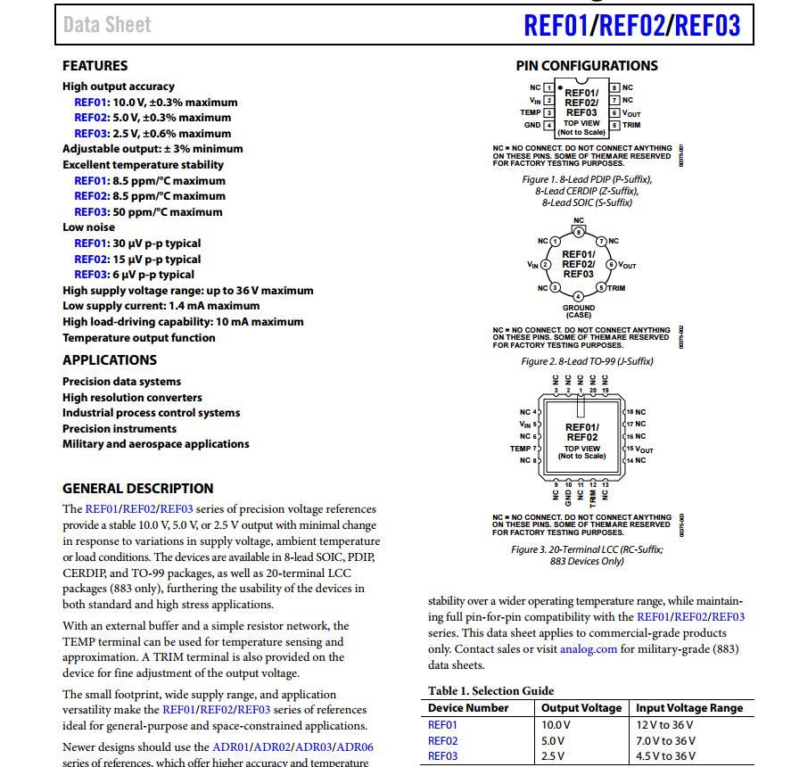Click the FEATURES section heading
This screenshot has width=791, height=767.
(95, 65)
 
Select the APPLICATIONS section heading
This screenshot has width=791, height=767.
(109, 359)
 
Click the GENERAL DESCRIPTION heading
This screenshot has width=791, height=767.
(137, 488)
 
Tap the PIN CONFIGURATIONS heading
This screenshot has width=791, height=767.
(586, 65)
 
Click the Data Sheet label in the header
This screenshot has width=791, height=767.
(107, 24)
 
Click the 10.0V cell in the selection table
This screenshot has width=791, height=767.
(556, 724)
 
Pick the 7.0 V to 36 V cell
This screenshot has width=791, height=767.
(665, 740)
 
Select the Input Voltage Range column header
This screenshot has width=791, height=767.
(688, 707)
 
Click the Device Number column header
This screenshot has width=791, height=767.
(468, 707)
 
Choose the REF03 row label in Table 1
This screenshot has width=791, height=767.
(442, 755)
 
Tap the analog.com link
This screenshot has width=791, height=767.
(588, 648)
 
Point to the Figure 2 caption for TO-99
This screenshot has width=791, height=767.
(586, 361)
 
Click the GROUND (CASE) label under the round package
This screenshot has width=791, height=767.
(578, 311)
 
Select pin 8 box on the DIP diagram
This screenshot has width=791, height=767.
(614, 87)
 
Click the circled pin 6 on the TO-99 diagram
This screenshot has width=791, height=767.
(611, 265)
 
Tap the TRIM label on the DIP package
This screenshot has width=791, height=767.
(631, 125)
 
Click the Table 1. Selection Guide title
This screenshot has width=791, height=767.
(490, 690)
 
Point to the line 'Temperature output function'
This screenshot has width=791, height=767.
(138, 337)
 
